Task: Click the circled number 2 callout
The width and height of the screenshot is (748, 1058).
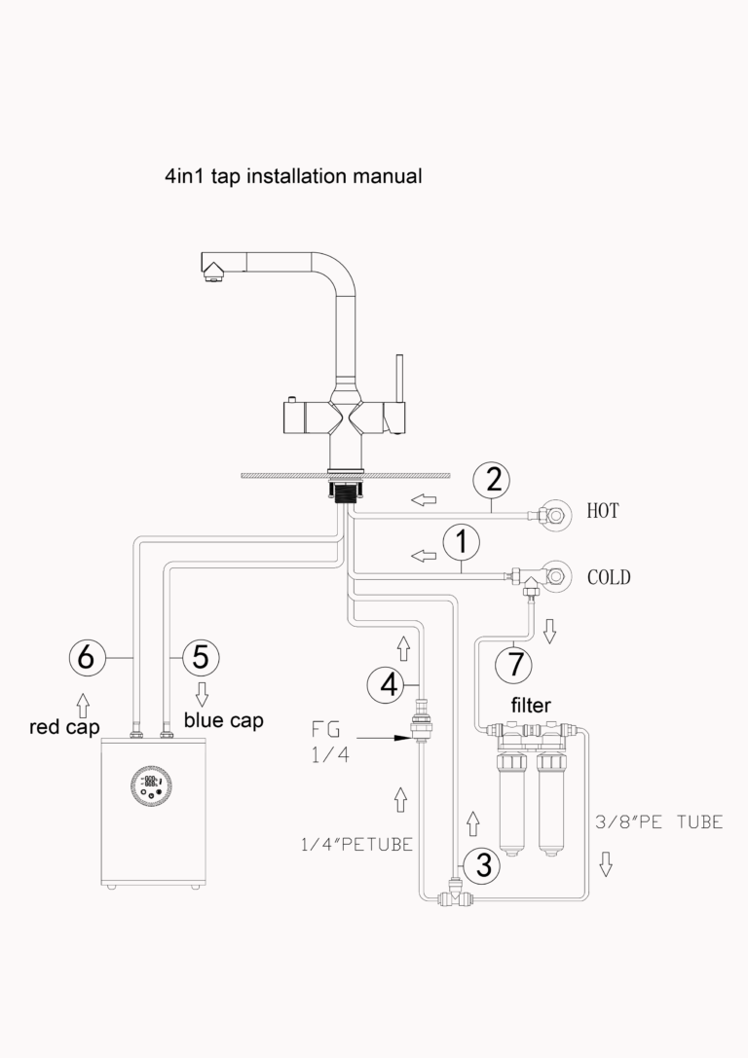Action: click(493, 479)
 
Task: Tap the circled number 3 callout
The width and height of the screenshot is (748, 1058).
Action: click(481, 862)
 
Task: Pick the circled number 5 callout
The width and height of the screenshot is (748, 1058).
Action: click(200, 657)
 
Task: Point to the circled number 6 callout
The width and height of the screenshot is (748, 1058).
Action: click(86, 658)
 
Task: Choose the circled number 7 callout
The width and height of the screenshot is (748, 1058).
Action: click(514, 664)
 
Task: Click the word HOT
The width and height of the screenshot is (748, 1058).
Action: click(604, 510)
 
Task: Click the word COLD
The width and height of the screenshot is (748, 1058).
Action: click(609, 577)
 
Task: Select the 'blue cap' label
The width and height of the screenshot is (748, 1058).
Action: click(224, 721)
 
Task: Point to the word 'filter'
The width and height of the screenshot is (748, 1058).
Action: click(533, 703)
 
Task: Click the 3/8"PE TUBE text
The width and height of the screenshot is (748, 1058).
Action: click(658, 822)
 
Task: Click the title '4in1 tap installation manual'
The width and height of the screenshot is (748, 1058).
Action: click(293, 177)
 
